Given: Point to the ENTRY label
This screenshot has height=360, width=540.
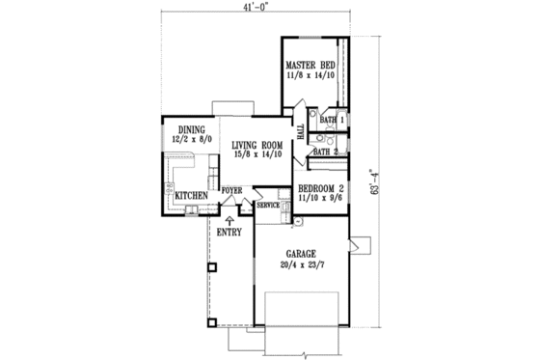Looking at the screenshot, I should [229, 232].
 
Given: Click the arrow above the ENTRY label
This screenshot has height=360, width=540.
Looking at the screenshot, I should [229, 220].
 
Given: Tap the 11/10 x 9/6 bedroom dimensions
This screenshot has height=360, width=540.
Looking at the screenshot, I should [322, 198].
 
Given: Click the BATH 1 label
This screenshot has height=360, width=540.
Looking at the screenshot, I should [333, 119].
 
